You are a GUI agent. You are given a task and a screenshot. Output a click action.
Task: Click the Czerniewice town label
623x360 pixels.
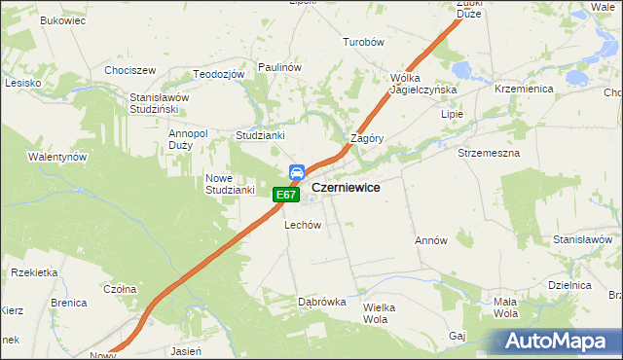(x=346, y=186)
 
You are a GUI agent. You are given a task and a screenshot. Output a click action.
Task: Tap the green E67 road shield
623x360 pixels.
(x=284, y=196)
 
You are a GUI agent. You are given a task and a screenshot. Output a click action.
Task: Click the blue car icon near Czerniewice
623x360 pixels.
(x=296, y=173)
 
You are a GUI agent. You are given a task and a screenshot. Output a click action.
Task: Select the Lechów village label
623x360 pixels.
(x=303, y=225)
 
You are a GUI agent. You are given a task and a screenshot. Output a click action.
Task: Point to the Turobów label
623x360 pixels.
(x=365, y=43)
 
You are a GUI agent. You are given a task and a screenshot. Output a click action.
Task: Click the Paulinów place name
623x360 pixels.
(x=279, y=66)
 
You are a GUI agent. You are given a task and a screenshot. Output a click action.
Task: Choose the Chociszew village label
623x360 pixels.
(x=130, y=71)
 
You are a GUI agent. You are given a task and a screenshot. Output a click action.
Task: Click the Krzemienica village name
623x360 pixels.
(x=524, y=89)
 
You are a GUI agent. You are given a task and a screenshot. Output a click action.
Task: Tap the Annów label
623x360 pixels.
(x=430, y=240)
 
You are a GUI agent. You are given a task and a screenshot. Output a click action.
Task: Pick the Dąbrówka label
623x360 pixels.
(x=322, y=302)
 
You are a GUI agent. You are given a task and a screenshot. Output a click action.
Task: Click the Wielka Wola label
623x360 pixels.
(x=382, y=312)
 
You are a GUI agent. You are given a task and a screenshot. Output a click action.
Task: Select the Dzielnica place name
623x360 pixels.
(x=570, y=285)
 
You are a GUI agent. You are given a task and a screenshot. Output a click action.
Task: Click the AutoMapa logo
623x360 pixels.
(x=556, y=341)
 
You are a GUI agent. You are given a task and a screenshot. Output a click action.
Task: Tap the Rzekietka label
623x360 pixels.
(x=35, y=272)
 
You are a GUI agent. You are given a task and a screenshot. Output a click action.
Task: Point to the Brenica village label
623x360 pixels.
(x=69, y=303)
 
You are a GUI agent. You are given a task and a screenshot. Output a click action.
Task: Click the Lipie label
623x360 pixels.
(x=453, y=114)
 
